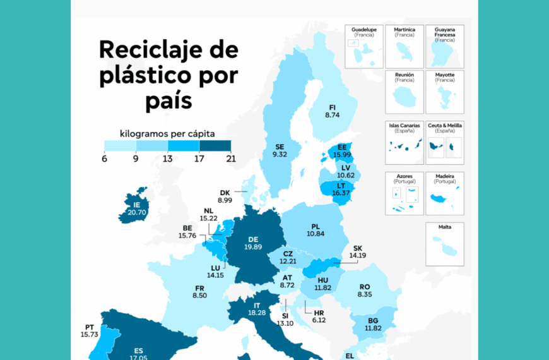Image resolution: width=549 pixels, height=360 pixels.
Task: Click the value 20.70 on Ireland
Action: coord(137,213)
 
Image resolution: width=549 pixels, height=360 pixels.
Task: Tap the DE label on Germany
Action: coord(254,239)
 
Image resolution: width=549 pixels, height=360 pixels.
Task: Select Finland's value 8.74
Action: coord(333,116)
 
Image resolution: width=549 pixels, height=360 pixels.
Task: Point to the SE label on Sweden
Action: coord(280,146)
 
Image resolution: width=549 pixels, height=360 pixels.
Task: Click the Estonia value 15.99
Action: coord(343,155)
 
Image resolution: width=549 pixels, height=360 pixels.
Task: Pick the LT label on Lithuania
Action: coord(341,186)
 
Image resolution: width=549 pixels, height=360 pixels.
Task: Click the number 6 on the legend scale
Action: coord(105,159)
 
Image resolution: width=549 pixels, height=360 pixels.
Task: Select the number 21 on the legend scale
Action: coord(230,159)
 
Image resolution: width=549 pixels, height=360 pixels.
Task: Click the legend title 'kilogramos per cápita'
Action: coord(167,133)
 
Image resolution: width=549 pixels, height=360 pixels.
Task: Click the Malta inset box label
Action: coord(445,227)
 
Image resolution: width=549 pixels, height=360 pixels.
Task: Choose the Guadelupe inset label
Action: coord(363,30)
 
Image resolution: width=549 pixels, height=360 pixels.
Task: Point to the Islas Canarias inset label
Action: coord(404,126)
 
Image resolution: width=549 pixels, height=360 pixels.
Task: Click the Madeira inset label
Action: coord(445,176)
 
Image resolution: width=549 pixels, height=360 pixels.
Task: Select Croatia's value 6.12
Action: coord(318,320)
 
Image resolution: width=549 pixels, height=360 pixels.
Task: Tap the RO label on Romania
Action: coord(365,286)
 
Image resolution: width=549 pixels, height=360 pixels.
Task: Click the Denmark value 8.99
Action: coord(225,200)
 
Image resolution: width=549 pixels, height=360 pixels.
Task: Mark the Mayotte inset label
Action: coord(445,75)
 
